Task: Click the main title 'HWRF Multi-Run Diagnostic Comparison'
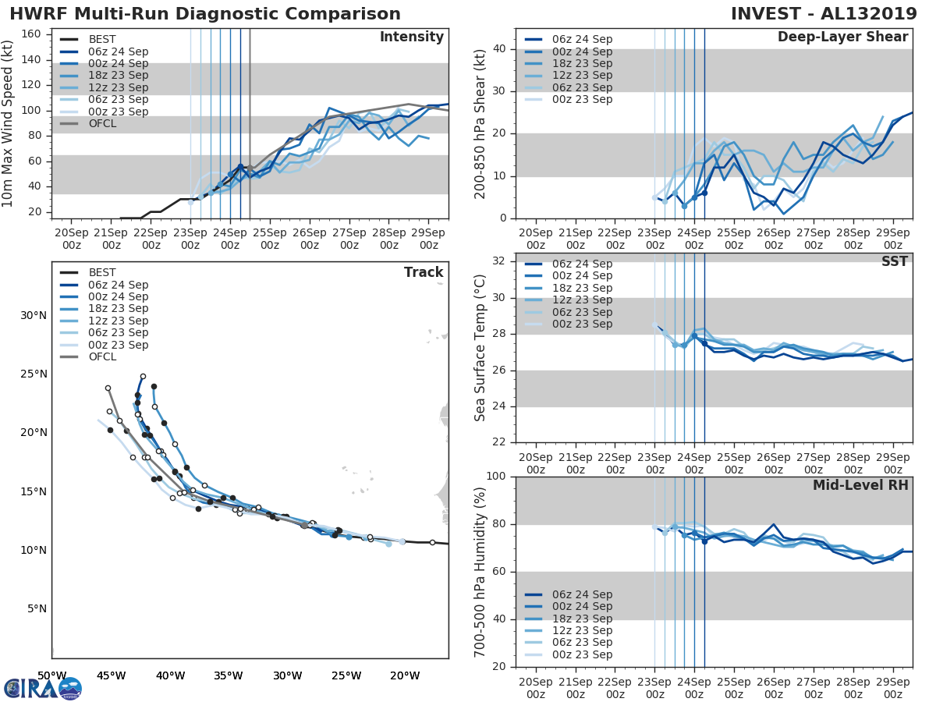[x=205, y=14]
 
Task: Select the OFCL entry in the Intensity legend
[x=102, y=123]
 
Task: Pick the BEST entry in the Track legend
[x=102, y=273]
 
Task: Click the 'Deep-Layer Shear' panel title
[x=842, y=37]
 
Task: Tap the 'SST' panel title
[x=895, y=261]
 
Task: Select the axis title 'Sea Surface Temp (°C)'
[x=480, y=348]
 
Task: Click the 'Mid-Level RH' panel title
[x=860, y=485]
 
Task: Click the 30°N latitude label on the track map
[x=34, y=315]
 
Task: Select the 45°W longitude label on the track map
[x=111, y=675]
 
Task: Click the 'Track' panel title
[x=424, y=272]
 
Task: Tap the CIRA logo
[x=42, y=689]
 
